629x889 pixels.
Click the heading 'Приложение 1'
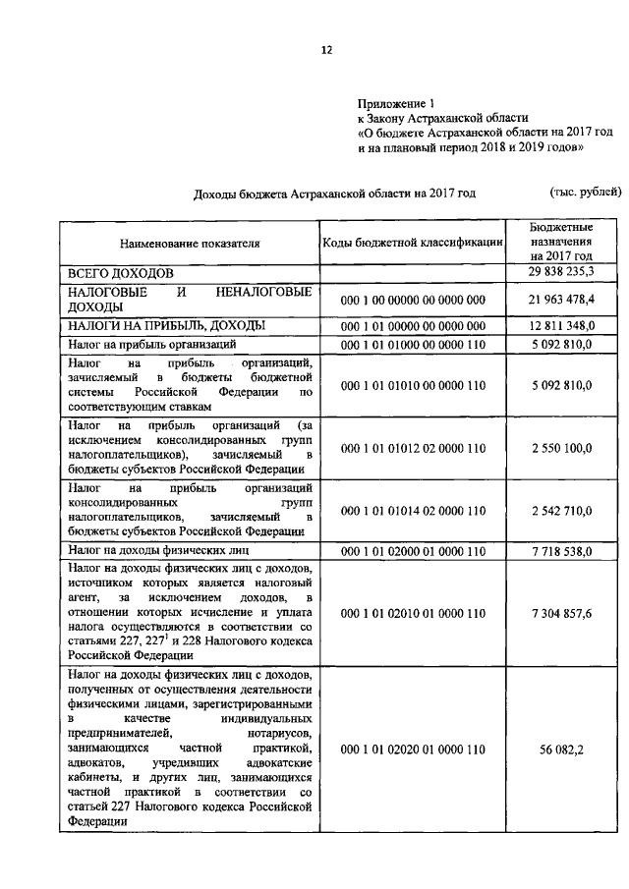[x=394, y=102]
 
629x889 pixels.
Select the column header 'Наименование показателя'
[x=190, y=242]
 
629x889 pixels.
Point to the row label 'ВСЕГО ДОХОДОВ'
[x=120, y=271]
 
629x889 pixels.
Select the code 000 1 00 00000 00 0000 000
[x=413, y=299]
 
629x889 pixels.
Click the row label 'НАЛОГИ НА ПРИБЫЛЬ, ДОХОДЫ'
[x=165, y=325]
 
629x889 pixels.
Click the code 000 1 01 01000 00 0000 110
[x=413, y=345]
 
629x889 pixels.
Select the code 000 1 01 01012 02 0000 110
[x=413, y=448]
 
